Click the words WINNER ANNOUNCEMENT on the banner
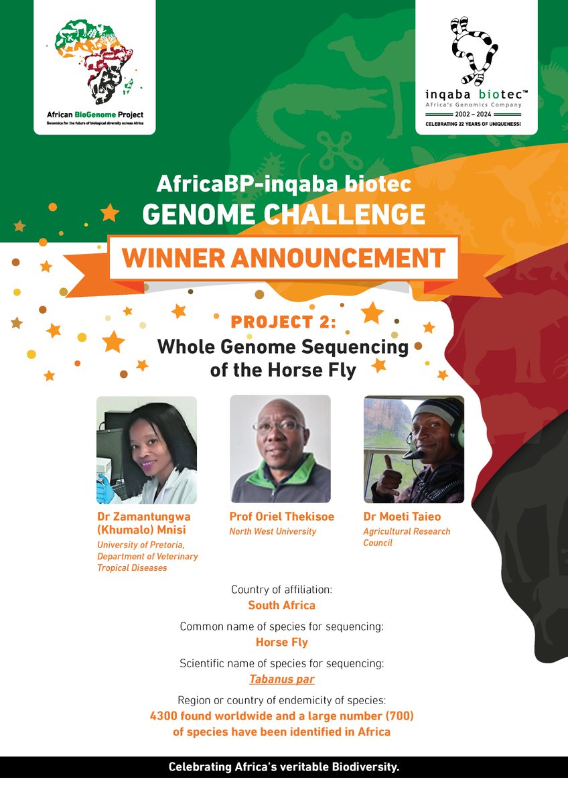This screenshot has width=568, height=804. (284, 257)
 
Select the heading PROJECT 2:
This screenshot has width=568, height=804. (283, 322)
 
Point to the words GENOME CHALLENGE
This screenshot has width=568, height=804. (283, 214)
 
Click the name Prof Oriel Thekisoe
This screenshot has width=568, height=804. (281, 517)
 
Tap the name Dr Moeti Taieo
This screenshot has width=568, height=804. (402, 517)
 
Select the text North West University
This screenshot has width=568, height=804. (273, 531)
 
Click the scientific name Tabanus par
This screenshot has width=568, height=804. (281, 679)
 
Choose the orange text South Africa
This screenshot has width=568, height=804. (281, 605)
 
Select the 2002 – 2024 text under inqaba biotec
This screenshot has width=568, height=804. (478, 115)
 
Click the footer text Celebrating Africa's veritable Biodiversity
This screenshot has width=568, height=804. (284, 767)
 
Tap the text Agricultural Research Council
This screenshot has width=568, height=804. (406, 537)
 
